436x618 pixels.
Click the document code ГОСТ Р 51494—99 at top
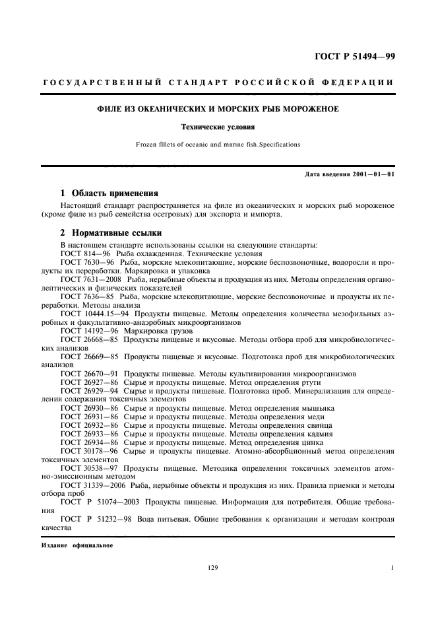click(357, 56)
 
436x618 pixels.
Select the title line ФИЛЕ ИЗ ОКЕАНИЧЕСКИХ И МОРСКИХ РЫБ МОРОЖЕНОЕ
click(218, 108)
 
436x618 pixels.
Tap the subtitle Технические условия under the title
click(218, 125)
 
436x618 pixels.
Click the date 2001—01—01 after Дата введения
click(377, 174)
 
